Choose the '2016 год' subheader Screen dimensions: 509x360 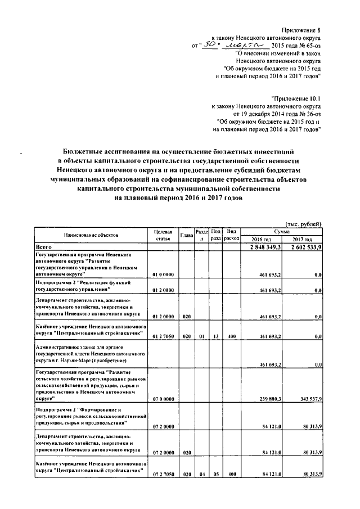point(261,239)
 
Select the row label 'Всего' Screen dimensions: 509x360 point(44,247)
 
